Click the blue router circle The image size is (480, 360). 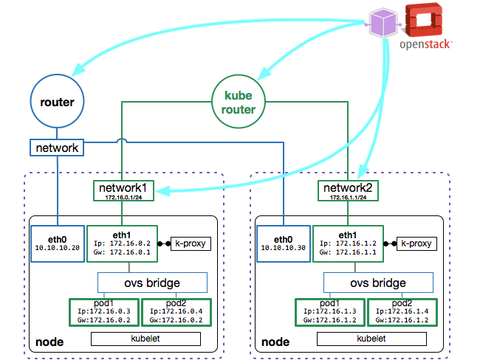[57, 102]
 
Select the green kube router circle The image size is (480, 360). [239, 101]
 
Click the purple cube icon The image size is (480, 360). [384, 21]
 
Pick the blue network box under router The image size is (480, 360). [57, 148]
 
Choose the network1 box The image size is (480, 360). [123, 190]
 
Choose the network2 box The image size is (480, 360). [348, 190]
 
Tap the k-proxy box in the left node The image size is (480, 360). [191, 242]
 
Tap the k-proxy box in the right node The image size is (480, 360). [416, 242]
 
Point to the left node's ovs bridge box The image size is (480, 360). [151, 283]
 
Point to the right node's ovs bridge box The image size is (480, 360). [377, 283]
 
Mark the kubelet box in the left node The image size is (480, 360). [145, 339]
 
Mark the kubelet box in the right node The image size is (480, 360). [372, 339]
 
